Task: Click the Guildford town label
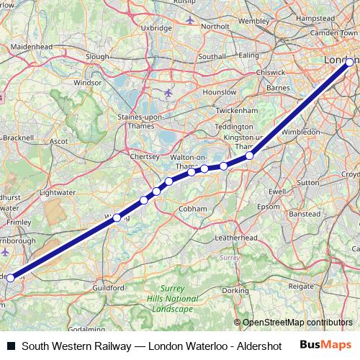click(108, 287)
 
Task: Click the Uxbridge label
click(156, 27)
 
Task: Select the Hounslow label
click(220, 92)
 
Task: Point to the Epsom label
click(268, 207)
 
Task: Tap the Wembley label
click(253, 21)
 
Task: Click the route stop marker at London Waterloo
click(350, 63)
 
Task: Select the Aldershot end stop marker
click(10, 277)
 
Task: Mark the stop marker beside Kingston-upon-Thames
click(250, 156)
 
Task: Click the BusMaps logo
click(325, 344)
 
